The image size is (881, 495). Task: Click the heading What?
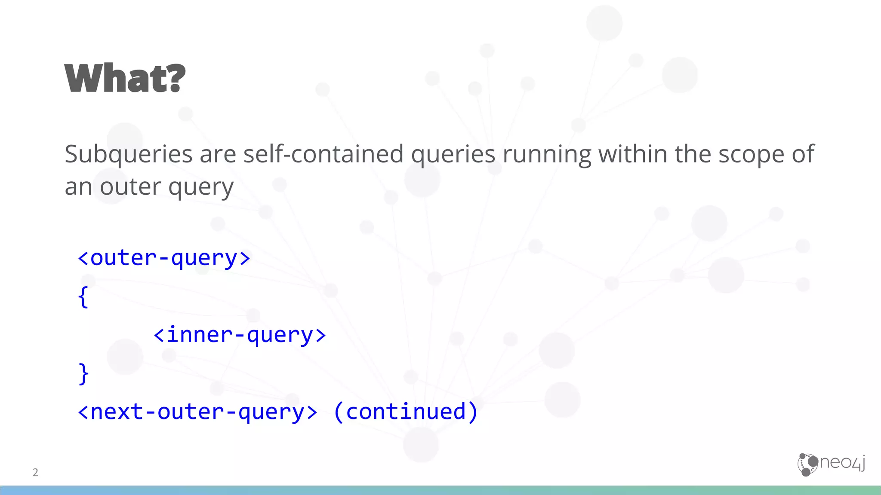pos(125,78)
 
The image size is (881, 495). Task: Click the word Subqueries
pos(128,155)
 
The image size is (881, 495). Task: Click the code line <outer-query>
pos(164,258)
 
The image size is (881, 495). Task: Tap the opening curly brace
pos(83,297)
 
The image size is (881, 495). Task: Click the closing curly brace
pos(83,373)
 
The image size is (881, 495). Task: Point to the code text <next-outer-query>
pos(197,412)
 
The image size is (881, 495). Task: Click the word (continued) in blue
pos(406,412)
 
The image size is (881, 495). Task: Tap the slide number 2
pos(35,472)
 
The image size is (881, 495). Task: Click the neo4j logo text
pos(842,462)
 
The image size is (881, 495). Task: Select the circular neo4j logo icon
pos(807,464)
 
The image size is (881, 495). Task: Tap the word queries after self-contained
pos(453,155)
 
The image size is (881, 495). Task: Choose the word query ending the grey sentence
pos(201,187)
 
